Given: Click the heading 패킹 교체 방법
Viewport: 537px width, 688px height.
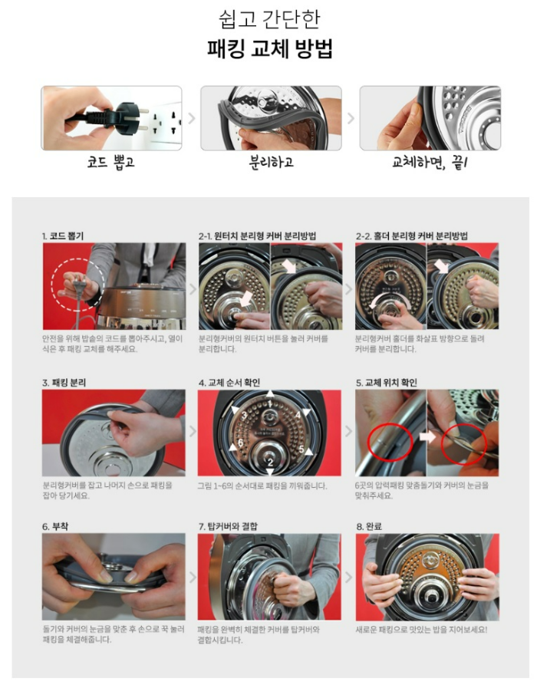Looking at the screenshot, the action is pyautogui.click(x=269, y=48).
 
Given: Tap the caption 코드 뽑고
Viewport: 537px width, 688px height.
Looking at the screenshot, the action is pyautogui.click(x=110, y=162).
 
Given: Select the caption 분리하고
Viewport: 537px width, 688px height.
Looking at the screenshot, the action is pyautogui.click(x=271, y=162).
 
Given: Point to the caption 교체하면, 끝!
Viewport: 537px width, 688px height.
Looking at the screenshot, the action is pyautogui.click(x=430, y=163).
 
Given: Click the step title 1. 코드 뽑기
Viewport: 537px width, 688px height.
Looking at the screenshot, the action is pyautogui.click(x=63, y=236).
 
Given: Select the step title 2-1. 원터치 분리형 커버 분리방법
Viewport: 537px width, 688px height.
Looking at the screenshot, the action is pyautogui.click(x=257, y=236).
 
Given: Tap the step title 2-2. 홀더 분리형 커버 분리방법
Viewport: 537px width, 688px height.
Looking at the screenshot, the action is pyautogui.click(x=411, y=236).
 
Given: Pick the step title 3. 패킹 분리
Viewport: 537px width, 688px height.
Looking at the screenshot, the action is pyautogui.click(x=64, y=383).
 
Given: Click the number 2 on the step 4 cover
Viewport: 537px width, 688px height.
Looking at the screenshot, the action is pyautogui.click(x=270, y=462).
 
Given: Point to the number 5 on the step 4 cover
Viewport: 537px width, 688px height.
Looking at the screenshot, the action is pyautogui.click(x=301, y=449).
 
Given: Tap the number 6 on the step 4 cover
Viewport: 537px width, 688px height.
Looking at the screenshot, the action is pyautogui.click(x=240, y=443).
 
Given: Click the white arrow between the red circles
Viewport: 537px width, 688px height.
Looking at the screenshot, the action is pyautogui.click(x=427, y=437).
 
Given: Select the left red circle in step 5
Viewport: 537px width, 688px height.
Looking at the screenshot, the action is pyautogui.click(x=390, y=442).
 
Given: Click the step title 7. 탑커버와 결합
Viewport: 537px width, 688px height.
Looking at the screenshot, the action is pyautogui.click(x=228, y=526).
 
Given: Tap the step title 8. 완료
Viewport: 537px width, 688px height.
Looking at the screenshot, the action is pyautogui.click(x=369, y=526).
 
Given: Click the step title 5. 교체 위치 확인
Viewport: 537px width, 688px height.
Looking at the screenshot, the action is pyautogui.click(x=387, y=383).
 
